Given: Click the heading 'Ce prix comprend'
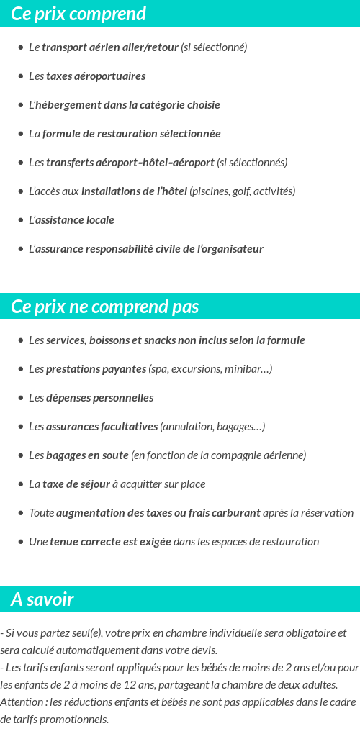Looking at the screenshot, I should click(78, 14).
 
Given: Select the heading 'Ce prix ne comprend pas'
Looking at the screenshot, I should click(104, 307).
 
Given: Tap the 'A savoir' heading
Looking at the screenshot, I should click(42, 599).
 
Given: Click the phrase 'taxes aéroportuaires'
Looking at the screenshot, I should click(96, 76).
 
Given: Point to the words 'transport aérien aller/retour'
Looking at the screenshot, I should click(109, 47).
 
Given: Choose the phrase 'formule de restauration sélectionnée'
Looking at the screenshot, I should click(132, 134).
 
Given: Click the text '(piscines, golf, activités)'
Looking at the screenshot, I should click(243, 191).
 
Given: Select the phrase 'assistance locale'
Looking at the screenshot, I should click(75, 220).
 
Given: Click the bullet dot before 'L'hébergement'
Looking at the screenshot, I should click(20, 105).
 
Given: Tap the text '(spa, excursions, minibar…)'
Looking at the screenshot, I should click(210, 369).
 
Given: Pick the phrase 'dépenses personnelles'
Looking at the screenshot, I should click(100, 398).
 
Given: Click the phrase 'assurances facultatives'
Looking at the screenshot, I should click(102, 427).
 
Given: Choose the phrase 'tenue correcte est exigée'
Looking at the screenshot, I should click(110, 542).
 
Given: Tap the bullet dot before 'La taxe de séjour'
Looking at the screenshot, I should click(20, 484).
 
